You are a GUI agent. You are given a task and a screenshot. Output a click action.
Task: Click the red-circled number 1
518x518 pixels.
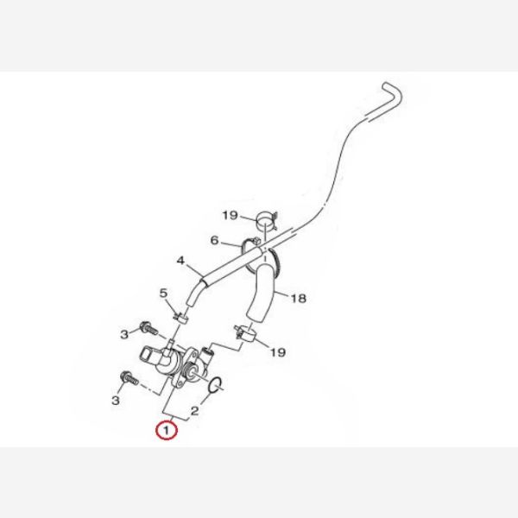(167, 431)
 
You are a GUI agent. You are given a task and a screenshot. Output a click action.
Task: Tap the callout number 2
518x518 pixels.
(195, 411)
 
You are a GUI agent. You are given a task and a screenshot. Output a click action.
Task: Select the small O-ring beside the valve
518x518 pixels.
(216, 385)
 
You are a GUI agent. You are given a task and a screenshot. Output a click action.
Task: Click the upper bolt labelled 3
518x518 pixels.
(149, 329)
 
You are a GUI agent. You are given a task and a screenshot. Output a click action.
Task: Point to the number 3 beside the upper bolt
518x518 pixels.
(124, 335)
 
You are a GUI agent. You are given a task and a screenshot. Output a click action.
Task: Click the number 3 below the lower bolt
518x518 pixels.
(116, 401)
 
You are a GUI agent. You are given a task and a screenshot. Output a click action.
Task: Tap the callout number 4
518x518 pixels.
(180, 261)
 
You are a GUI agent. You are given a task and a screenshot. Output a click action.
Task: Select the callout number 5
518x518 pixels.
(163, 293)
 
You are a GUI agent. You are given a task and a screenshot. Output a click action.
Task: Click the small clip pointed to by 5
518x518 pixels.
(180, 319)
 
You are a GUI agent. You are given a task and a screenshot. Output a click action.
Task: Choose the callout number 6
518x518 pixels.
(214, 241)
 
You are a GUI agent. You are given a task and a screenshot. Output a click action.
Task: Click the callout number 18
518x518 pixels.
(299, 299)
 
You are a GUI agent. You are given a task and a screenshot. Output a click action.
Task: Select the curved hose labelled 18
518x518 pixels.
(262, 292)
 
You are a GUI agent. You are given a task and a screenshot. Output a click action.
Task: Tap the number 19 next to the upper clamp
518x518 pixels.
(230, 215)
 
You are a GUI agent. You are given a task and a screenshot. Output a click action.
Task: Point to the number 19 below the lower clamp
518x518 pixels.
(278, 352)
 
